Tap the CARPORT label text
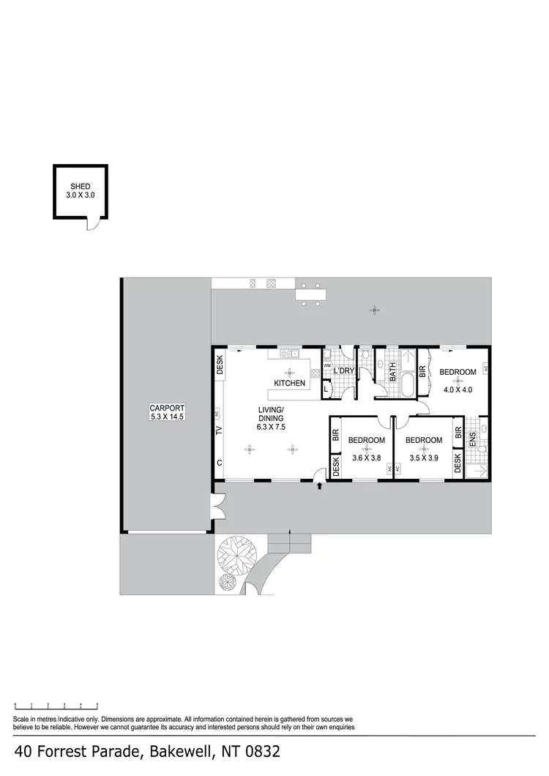pyautogui.click(x=167, y=408)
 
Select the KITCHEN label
pyautogui.click(x=289, y=384)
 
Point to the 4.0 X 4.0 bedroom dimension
pyautogui.click(x=457, y=389)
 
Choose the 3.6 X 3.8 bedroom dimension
pyautogui.click(x=366, y=458)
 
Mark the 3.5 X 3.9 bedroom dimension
pyautogui.click(x=424, y=458)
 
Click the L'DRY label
pyautogui.click(x=344, y=372)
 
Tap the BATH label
pyautogui.click(x=393, y=373)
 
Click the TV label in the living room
pyautogui.click(x=219, y=430)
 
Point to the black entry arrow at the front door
pyautogui.click(x=320, y=485)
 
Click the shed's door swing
pyautogui.click(x=91, y=223)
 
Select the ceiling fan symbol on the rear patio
pyautogui.click(x=374, y=310)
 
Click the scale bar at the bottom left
pyautogui.click(x=56, y=706)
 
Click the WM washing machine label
pyautogui.click(x=328, y=365)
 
